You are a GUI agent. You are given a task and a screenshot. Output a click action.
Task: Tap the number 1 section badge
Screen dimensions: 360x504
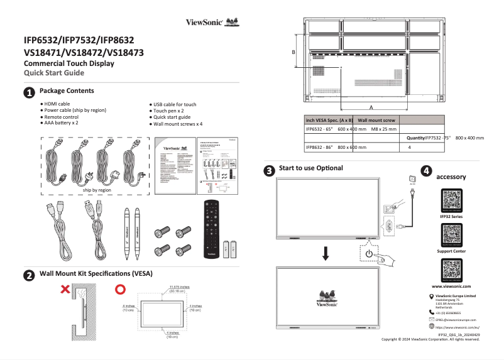pyautogui.click(x=29, y=93)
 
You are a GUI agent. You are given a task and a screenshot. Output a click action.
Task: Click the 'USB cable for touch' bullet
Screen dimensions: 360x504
pyautogui.click(x=174, y=104)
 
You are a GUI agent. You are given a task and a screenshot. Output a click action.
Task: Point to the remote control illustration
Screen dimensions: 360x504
pyautogui.click(x=211, y=228)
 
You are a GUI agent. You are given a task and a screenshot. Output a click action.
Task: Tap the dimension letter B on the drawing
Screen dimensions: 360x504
pyautogui.click(x=293, y=53)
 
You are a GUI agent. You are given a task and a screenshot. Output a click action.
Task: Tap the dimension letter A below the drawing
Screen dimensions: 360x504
pyautogui.click(x=371, y=107)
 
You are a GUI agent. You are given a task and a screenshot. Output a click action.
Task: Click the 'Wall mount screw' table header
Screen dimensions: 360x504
pyautogui.click(x=376, y=119)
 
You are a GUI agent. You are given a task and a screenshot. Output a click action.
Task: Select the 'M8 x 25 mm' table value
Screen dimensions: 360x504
pyautogui.click(x=383, y=128)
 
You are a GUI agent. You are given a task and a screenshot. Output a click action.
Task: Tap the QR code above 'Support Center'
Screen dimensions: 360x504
pyautogui.click(x=451, y=235)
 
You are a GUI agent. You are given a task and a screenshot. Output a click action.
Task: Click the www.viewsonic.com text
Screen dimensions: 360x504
pyautogui.click(x=451, y=286)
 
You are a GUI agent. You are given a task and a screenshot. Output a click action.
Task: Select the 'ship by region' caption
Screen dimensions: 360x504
pyautogui.click(x=97, y=190)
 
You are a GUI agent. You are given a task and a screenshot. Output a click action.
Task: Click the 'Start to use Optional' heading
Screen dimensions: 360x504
pyautogui.click(x=311, y=168)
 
